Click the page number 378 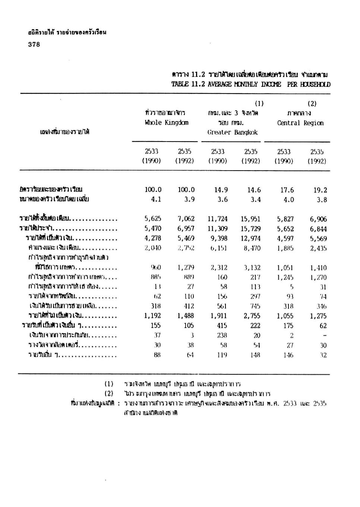point(34,44)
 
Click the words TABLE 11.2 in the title point(188,84)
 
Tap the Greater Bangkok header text point(233,132)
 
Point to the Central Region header point(300,123)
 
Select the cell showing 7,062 point(186,219)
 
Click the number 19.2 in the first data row point(320,190)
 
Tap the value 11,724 point(217,219)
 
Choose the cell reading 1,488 point(186,316)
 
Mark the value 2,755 point(252,316)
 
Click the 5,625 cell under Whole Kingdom point(153,219)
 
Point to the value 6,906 point(318,219)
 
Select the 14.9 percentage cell point(221,190)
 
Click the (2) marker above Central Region point(312,104)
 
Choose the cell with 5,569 point(318,238)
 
